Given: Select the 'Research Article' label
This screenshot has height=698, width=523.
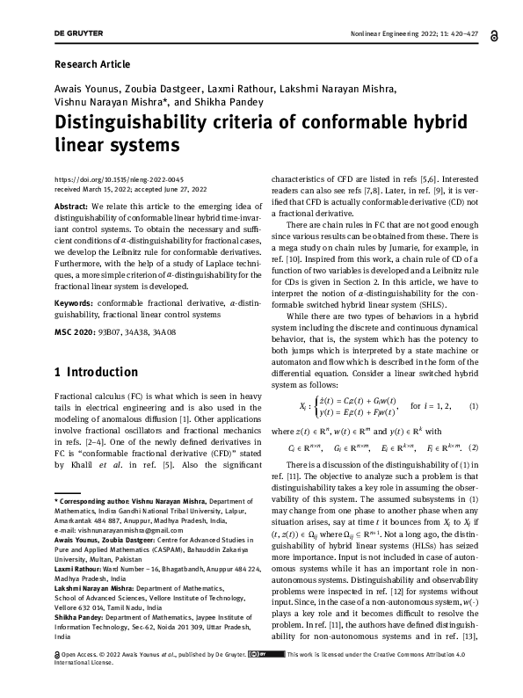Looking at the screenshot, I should tap(92, 64).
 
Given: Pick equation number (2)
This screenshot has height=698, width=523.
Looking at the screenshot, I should tap(474, 448).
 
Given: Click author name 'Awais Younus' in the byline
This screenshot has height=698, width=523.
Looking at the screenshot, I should tap(88, 88).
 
